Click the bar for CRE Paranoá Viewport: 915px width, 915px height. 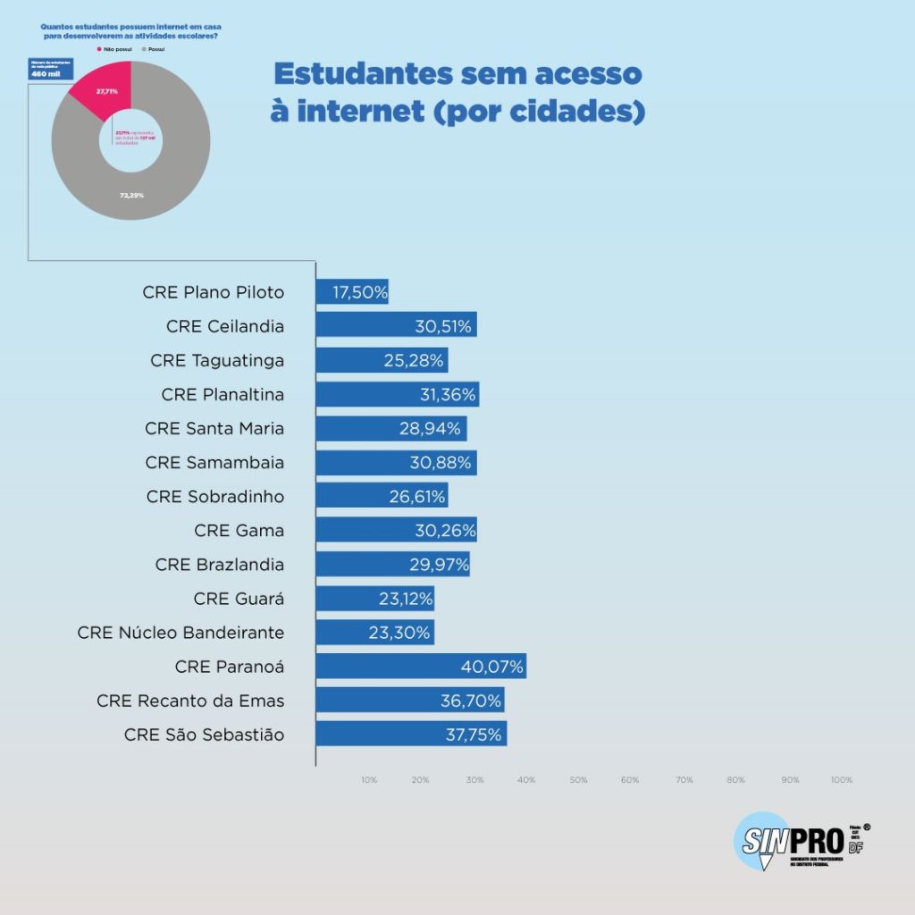(420, 667)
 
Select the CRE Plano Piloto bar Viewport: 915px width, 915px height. (352, 292)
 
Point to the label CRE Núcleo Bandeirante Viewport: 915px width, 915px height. (180, 633)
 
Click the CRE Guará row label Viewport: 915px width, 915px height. (239, 599)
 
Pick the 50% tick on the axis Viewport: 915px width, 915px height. (579, 780)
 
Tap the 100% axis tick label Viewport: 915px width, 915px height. (841, 780)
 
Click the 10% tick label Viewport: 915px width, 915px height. (369, 780)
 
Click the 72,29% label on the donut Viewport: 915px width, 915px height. (132, 195)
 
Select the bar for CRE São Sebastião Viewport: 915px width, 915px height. (411, 735)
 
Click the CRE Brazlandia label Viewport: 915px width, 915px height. (219, 565)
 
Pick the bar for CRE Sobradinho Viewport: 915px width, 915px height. (382, 497)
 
